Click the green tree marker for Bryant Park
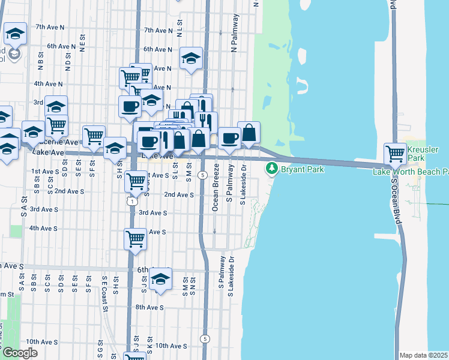click(x=273, y=169)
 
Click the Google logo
click(x=20, y=353)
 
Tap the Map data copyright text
click(x=424, y=355)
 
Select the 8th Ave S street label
click(x=149, y=307)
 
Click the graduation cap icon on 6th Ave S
click(x=160, y=279)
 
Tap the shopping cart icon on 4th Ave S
click(x=135, y=239)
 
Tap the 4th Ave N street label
click(x=49, y=84)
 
